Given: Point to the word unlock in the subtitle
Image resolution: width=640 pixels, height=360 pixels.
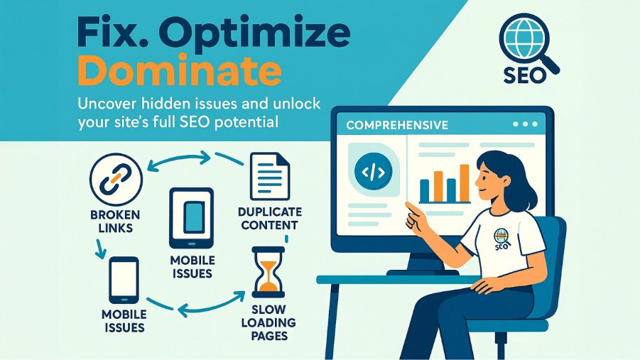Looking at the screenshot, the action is pyautogui.click(x=297, y=104).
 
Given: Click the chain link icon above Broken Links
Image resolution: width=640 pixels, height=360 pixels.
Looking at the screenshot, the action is pyautogui.click(x=116, y=179).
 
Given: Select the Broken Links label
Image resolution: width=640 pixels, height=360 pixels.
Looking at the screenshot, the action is pyautogui.click(x=115, y=221).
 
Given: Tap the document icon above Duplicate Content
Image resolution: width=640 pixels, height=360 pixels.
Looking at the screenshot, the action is pyautogui.click(x=270, y=176).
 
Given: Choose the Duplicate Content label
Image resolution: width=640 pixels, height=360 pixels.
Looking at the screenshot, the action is pyautogui.click(x=270, y=219).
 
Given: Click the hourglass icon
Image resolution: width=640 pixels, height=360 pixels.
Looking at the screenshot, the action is pyautogui.click(x=269, y=272).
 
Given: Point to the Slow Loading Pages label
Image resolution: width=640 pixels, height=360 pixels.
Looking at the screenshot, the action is pyautogui.click(x=269, y=322).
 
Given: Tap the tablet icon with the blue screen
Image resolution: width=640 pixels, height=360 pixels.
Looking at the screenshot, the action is pyautogui.click(x=191, y=218).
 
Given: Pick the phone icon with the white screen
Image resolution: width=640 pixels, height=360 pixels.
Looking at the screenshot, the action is pyautogui.click(x=124, y=280).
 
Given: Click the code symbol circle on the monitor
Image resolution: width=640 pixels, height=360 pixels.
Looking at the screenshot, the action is pyautogui.click(x=373, y=171).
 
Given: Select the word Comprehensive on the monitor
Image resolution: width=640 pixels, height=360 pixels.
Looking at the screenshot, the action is pyautogui.click(x=397, y=125).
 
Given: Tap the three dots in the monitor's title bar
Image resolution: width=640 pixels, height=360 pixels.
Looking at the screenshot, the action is pyautogui.click(x=526, y=124).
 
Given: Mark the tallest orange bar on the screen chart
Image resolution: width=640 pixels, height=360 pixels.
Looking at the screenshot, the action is pyautogui.click(x=464, y=183).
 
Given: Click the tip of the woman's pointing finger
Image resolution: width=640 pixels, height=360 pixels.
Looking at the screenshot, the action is pyautogui.click(x=407, y=204).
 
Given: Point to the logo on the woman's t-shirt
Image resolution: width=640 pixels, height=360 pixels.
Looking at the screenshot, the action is pyautogui.click(x=501, y=239).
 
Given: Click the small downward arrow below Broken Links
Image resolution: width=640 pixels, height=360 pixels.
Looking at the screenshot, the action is pyautogui.click(x=100, y=249).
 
